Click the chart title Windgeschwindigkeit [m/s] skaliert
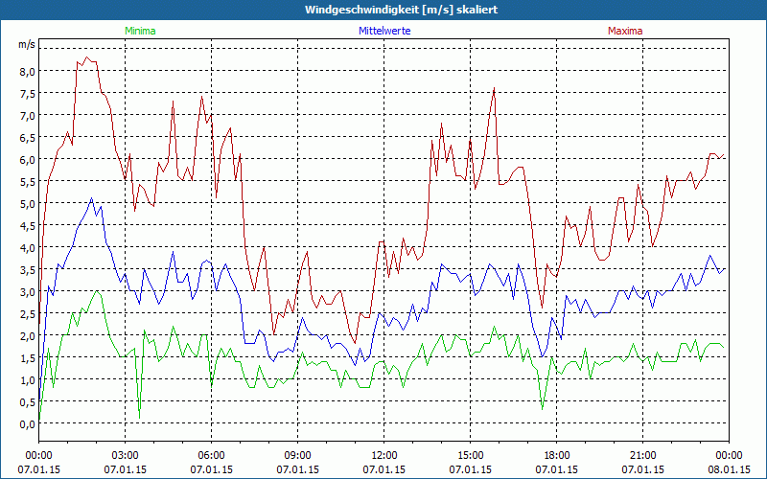point(383,10)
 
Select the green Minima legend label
point(140,31)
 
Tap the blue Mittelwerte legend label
point(384,31)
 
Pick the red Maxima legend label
point(625,31)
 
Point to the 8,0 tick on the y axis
point(25,71)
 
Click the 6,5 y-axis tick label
point(25,137)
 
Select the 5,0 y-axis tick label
point(25,203)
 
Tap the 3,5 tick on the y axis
point(25,269)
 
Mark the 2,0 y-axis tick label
point(25,336)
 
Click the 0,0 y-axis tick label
point(25,424)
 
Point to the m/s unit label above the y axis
point(26,44)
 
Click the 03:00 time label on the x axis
point(126,455)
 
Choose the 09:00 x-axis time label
point(298,455)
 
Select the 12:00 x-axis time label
point(384,455)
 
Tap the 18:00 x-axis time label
point(557,455)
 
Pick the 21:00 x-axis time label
point(643,455)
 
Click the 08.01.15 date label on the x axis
point(730,469)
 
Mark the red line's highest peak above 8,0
point(86,57)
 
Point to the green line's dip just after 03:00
point(139,415)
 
